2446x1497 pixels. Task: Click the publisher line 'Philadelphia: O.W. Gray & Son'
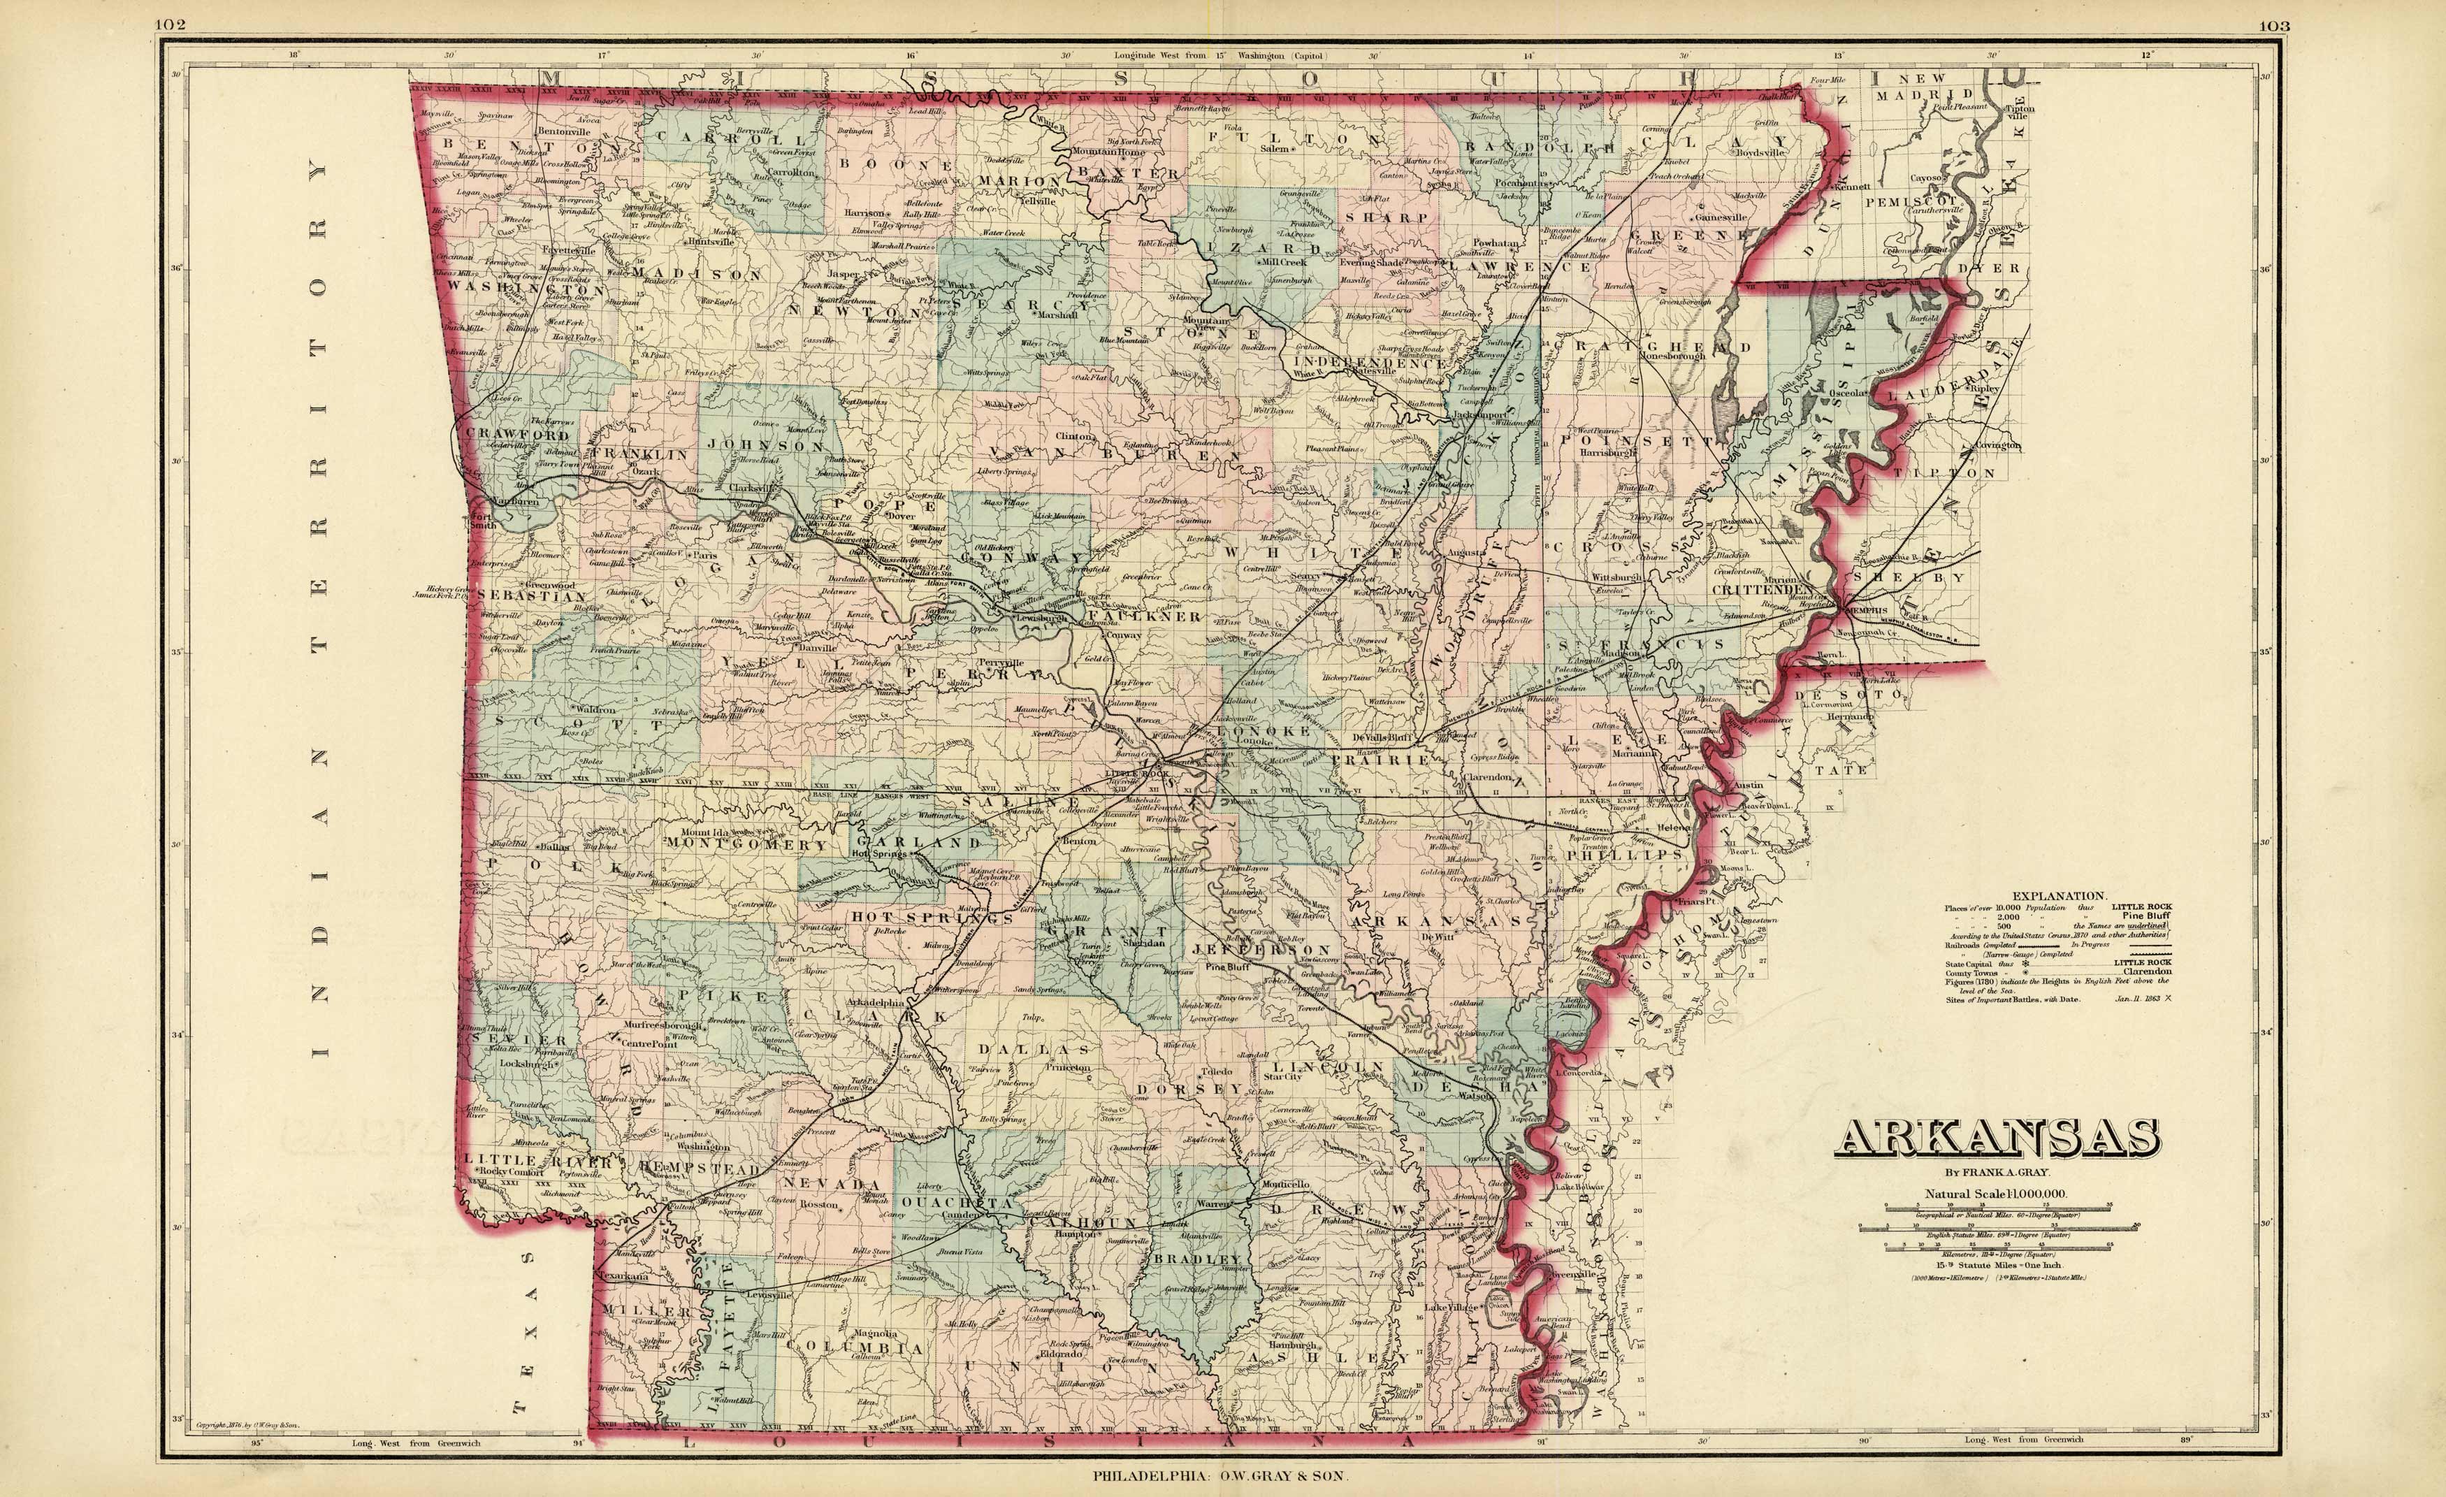[x=1222, y=1476]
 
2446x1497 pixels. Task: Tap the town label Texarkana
[x=623, y=1277]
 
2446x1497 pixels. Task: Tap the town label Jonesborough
[x=1672, y=356]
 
